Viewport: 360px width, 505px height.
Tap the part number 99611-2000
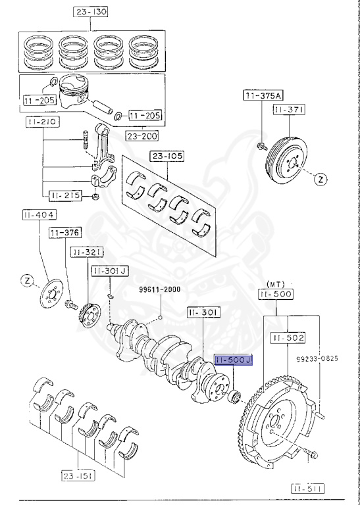pyautogui.click(x=159, y=289)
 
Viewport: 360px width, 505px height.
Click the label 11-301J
pyautogui.click(x=109, y=270)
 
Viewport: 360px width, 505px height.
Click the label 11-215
pyautogui.click(x=63, y=195)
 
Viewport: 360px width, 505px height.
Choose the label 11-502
pyautogui.click(x=286, y=337)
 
